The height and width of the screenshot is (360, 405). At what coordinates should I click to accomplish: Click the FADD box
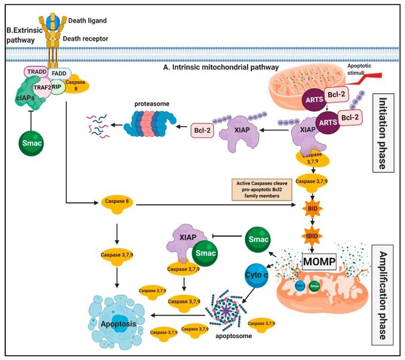[60, 73]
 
